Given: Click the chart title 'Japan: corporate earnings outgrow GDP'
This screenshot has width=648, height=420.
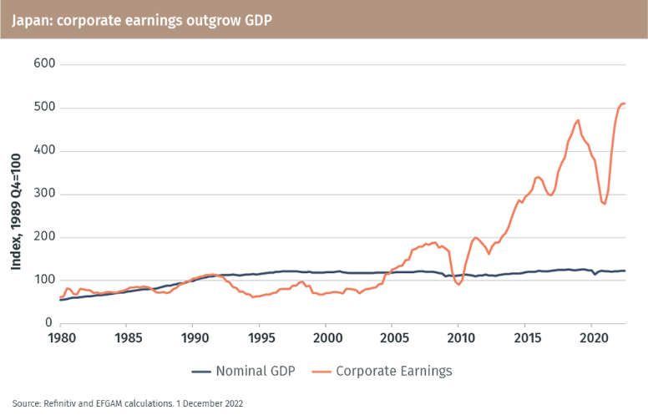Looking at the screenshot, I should tap(141, 18).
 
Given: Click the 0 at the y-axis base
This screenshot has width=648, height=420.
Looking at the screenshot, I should tap(48, 324).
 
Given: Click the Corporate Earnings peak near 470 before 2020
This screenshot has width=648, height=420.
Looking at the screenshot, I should tap(578, 120).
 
